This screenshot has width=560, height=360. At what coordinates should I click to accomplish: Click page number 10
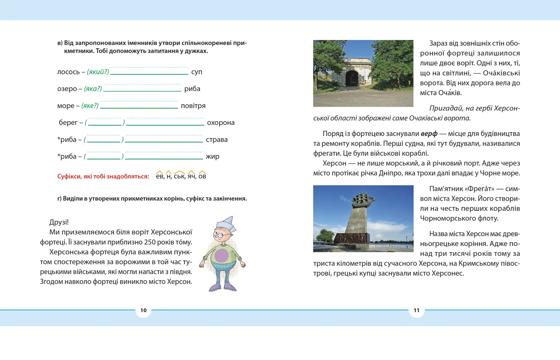tap(143, 310)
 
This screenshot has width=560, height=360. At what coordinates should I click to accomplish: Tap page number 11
tap(416, 310)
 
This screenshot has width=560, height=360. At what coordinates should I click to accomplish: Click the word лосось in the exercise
tap(68, 72)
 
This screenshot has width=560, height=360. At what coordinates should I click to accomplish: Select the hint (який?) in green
tap(98, 72)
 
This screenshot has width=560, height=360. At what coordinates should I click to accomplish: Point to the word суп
tap(197, 72)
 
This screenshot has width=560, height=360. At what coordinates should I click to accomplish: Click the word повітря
tap(193, 106)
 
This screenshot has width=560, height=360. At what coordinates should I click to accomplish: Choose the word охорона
tap(220, 123)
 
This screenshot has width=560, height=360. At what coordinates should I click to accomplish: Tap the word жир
tap(212, 157)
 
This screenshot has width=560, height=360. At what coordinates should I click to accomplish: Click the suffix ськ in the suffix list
tap(179, 176)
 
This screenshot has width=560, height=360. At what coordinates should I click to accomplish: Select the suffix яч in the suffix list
tap(191, 176)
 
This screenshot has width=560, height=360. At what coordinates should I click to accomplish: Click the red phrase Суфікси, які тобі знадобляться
tap(103, 177)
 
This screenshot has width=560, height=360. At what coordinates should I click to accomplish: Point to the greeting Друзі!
tap(59, 222)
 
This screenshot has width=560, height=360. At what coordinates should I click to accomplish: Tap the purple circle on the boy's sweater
tap(222, 255)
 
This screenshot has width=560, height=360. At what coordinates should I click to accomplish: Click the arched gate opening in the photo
tap(352, 78)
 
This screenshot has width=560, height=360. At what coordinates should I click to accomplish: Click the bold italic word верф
tap(429, 134)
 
